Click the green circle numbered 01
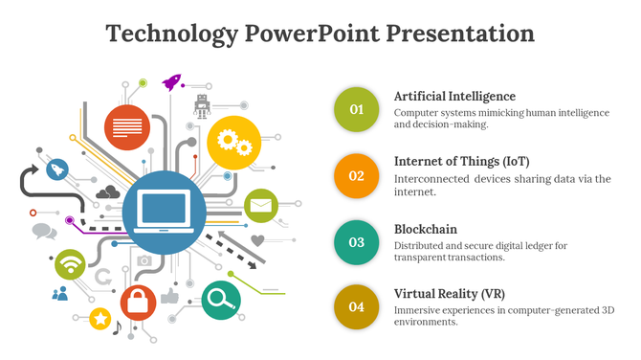click(356, 109)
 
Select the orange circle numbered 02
click(356, 175)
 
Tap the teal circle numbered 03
click(356, 241)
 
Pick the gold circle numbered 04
click(356, 306)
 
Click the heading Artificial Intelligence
click(454, 97)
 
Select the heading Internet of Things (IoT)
click(461, 161)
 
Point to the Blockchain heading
click(426, 230)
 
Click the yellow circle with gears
click(233, 143)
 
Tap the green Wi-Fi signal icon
click(71, 263)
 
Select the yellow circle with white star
click(100, 319)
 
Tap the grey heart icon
click(257, 240)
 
